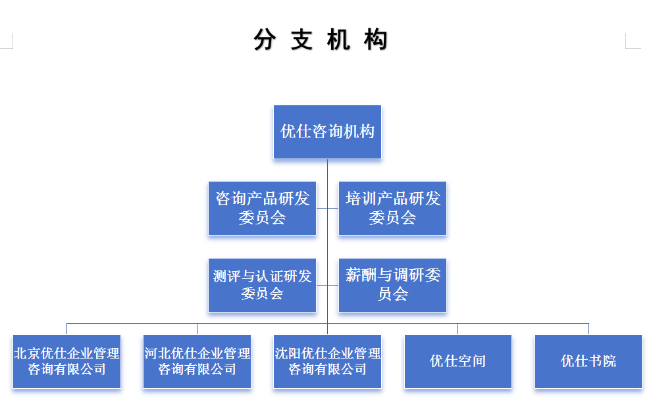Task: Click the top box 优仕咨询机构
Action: [327, 132]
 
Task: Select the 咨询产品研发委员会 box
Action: [262, 208]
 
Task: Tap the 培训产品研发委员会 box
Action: [392, 208]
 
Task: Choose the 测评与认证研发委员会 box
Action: [262, 285]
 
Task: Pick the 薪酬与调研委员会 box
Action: [392, 285]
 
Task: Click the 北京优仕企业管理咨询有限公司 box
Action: [66, 361]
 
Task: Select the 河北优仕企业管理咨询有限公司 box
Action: [197, 361]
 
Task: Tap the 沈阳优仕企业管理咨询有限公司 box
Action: [327, 361]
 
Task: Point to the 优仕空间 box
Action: [457, 361]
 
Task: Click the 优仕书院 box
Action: [588, 361]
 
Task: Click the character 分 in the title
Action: [264, 40]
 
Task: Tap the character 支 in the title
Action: [301, 40]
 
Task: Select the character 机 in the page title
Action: [338, 40]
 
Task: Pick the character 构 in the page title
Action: [375, 40]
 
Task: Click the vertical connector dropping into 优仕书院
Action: [588, 329]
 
